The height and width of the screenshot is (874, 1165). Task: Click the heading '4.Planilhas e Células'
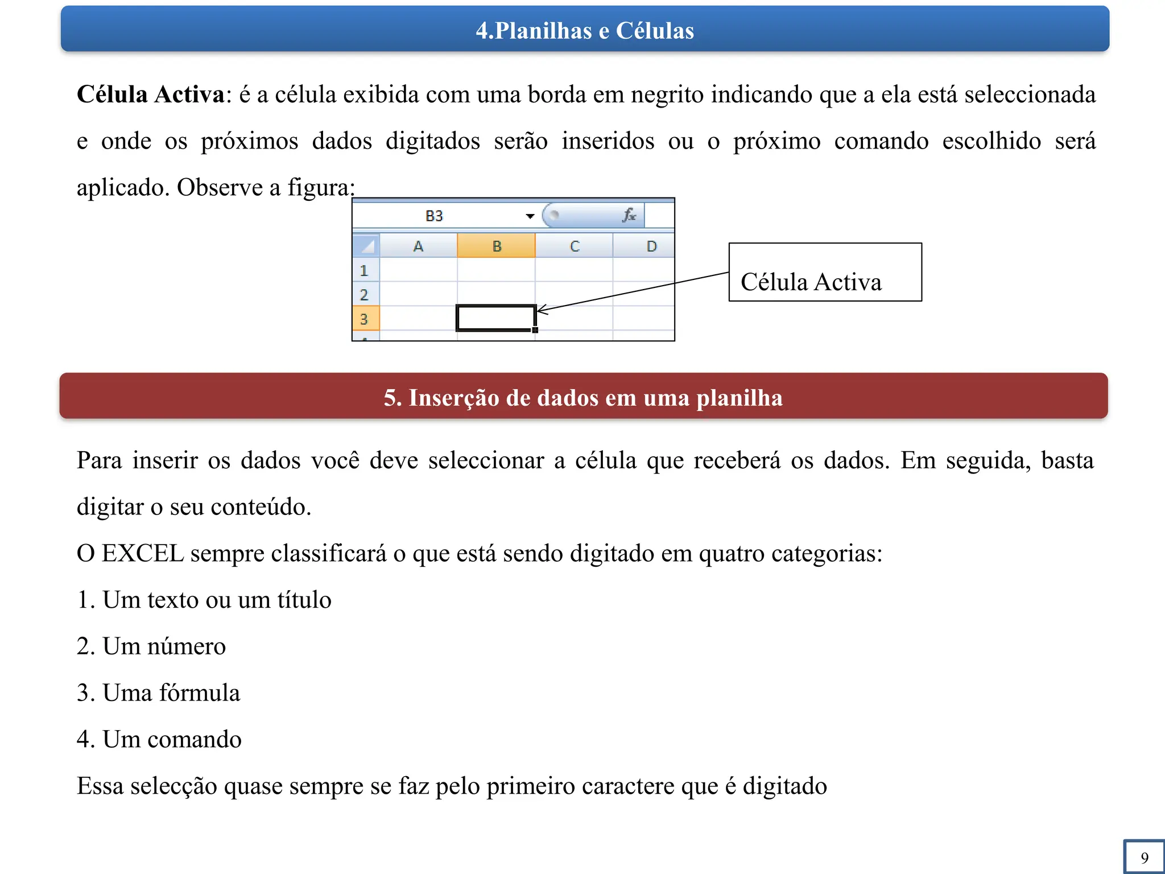(585, 31)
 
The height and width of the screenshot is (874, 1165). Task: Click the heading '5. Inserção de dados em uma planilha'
(583, 398)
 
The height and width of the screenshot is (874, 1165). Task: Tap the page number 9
(1144, 857)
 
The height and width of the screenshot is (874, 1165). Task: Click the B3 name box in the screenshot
(435, 216)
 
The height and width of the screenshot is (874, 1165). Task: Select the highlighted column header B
(497, 246)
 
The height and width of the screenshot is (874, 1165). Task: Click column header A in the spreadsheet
(418, 246)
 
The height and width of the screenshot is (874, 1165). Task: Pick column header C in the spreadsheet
(575, 246)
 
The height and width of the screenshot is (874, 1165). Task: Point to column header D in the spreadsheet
(651, 246)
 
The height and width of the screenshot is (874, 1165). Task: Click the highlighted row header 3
(365, 319)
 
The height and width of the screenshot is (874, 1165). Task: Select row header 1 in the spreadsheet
(365, 271)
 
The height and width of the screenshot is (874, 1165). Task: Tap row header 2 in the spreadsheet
(365, 295)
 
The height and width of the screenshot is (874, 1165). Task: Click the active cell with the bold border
(496, 318)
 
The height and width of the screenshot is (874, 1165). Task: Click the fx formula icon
(629, 216)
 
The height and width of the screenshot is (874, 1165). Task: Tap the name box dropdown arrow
(530, 216)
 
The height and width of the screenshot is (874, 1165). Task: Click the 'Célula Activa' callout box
(825, 273)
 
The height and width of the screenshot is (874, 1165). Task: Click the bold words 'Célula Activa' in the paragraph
(151, 94)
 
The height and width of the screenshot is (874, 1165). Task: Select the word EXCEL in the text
(143, 554)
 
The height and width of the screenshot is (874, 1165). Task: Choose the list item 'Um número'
(164, 646)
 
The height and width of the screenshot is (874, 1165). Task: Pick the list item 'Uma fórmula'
(171, 693)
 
